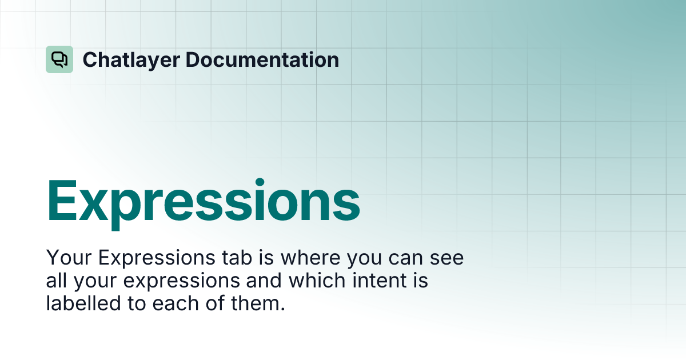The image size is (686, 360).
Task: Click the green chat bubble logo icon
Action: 59,59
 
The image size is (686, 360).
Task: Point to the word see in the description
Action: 448,258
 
